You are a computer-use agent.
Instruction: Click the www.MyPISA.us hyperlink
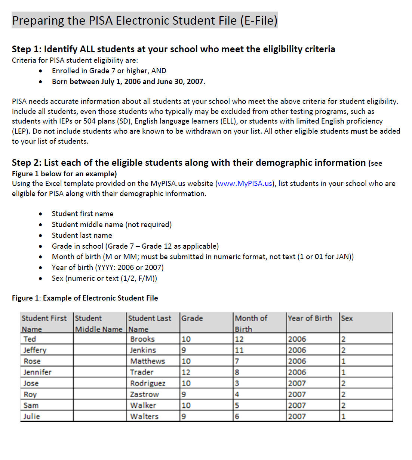[245, 184]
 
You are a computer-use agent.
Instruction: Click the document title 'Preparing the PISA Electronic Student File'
[145, 21]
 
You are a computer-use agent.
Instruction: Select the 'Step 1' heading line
[173, 49]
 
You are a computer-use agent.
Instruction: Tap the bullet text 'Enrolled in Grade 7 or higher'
[109, 71]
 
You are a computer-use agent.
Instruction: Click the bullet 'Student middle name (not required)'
[112, 225]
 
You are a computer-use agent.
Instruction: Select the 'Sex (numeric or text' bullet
[104, 279]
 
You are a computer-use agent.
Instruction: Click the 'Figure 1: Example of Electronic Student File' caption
[85, 298]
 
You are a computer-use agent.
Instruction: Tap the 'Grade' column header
[192, 318]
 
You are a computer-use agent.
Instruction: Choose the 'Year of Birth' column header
[310, 318]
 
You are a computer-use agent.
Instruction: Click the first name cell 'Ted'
[30, 339]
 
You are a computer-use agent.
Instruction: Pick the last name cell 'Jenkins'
[143, 350]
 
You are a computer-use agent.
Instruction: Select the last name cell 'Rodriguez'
[148, 383]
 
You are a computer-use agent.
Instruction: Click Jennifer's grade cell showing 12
[186, 372]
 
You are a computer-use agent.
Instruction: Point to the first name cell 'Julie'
[32, 417]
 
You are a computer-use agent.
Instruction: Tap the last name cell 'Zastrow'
[144, 395]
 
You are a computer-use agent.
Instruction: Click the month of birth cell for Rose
[237, 361]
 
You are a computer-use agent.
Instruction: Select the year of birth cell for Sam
[297, 405]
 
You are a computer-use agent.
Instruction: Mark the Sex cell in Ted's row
[344, 339]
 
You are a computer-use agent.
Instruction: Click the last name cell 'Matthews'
[147, 361]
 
